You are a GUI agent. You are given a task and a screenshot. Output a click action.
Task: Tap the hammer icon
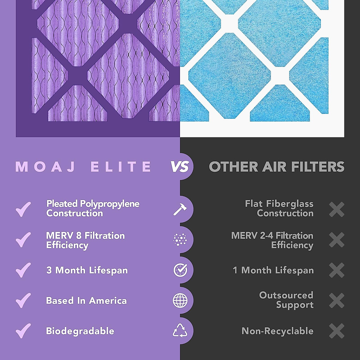click(180, 209)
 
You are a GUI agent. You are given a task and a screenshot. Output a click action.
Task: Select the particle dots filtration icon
click(180, 240)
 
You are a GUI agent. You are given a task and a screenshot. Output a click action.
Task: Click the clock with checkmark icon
click(180, 270)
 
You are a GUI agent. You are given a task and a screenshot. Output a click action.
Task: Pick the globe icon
click(180, 301)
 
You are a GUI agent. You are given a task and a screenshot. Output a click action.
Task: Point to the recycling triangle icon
click(180, 331)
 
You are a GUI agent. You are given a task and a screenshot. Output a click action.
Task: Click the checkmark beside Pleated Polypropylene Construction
click(23, 209)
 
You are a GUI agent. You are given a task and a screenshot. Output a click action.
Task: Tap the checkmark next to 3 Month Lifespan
click(23, 270)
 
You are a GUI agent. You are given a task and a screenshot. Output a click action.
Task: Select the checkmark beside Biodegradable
click(23, 331)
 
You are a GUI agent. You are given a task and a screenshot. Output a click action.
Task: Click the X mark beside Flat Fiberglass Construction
click(337, 209)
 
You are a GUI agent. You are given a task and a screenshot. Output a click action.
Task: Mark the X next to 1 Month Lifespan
click(337, 270)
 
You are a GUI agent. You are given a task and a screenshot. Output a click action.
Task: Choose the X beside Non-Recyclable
click(337, 331)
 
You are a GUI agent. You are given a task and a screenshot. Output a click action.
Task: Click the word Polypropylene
click(109, 204)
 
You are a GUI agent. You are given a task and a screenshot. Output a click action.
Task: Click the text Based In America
click(86, 301)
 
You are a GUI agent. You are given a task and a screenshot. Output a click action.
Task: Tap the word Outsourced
click(286, 295)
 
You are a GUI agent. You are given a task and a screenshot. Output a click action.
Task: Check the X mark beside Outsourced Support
click(337, 301)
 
